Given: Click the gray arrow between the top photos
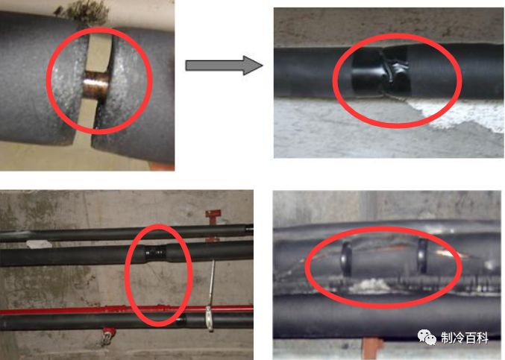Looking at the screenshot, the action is (225, 66).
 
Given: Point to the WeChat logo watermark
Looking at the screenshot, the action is (427, 338).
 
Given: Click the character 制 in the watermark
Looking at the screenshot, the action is (447, 338).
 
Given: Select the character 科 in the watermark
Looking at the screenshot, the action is (482, 338).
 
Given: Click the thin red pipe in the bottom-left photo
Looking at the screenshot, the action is (126, 310).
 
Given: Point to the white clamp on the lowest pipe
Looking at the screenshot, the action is (210, 318).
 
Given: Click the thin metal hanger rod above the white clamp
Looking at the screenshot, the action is (212, 283).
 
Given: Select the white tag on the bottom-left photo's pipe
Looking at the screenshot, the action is (39, 244).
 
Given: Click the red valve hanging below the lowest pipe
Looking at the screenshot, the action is (108, 335).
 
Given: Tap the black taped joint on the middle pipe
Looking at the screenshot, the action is (156, 253).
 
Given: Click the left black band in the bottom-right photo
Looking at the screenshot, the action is (347, 259).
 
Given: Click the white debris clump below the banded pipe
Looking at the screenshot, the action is (371, 285).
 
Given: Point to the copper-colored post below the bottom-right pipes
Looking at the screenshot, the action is (372, 348).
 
